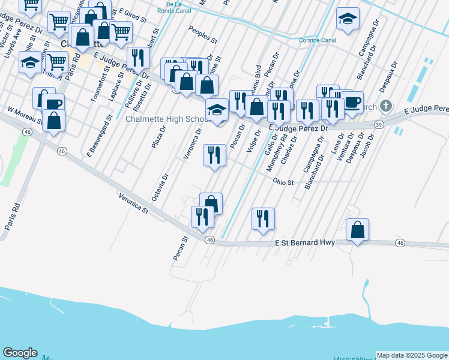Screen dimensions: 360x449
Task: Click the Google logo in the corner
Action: pyautogui.click(x=20, y=353)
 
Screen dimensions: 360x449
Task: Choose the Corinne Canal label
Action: pyautogui.click(x=318, y=41)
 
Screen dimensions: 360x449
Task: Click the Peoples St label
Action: pyautogui.click(x=202, y=35)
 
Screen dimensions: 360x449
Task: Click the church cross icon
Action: pyautogui.click(x=385, y=106)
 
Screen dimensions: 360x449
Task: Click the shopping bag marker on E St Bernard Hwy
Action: pyautogui.click(x=357, y=230)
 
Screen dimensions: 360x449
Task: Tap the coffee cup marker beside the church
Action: pyautogui.click(x=352, y=101)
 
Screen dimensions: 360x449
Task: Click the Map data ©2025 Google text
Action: pyautogui.click(x=412, y=355)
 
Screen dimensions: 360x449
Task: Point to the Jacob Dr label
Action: pyautogui.click(x=368, y=145)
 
